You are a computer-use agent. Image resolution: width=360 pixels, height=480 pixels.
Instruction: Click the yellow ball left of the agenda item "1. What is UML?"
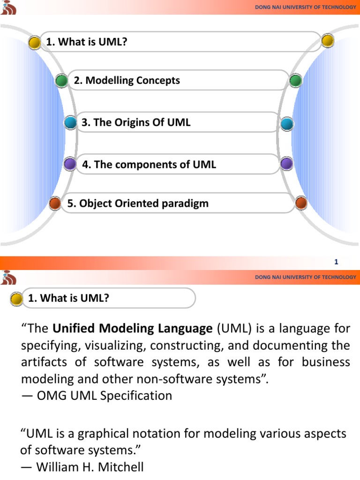point(35,43)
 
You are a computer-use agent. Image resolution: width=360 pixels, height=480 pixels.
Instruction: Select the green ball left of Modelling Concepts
point(61,81)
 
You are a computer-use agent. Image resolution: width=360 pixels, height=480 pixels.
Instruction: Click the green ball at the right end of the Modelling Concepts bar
point(295,81)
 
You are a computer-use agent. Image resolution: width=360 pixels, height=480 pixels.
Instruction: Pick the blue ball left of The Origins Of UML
point(70,123)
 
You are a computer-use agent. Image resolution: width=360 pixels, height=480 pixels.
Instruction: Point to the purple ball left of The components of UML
point(70,164)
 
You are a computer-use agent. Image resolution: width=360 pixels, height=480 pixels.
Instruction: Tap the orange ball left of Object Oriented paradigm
point(55,204)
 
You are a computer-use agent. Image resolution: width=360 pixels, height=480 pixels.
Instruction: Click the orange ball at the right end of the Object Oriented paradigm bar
point(301,203)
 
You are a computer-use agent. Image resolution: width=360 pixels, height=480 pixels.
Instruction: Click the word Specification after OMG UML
point(140,396)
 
